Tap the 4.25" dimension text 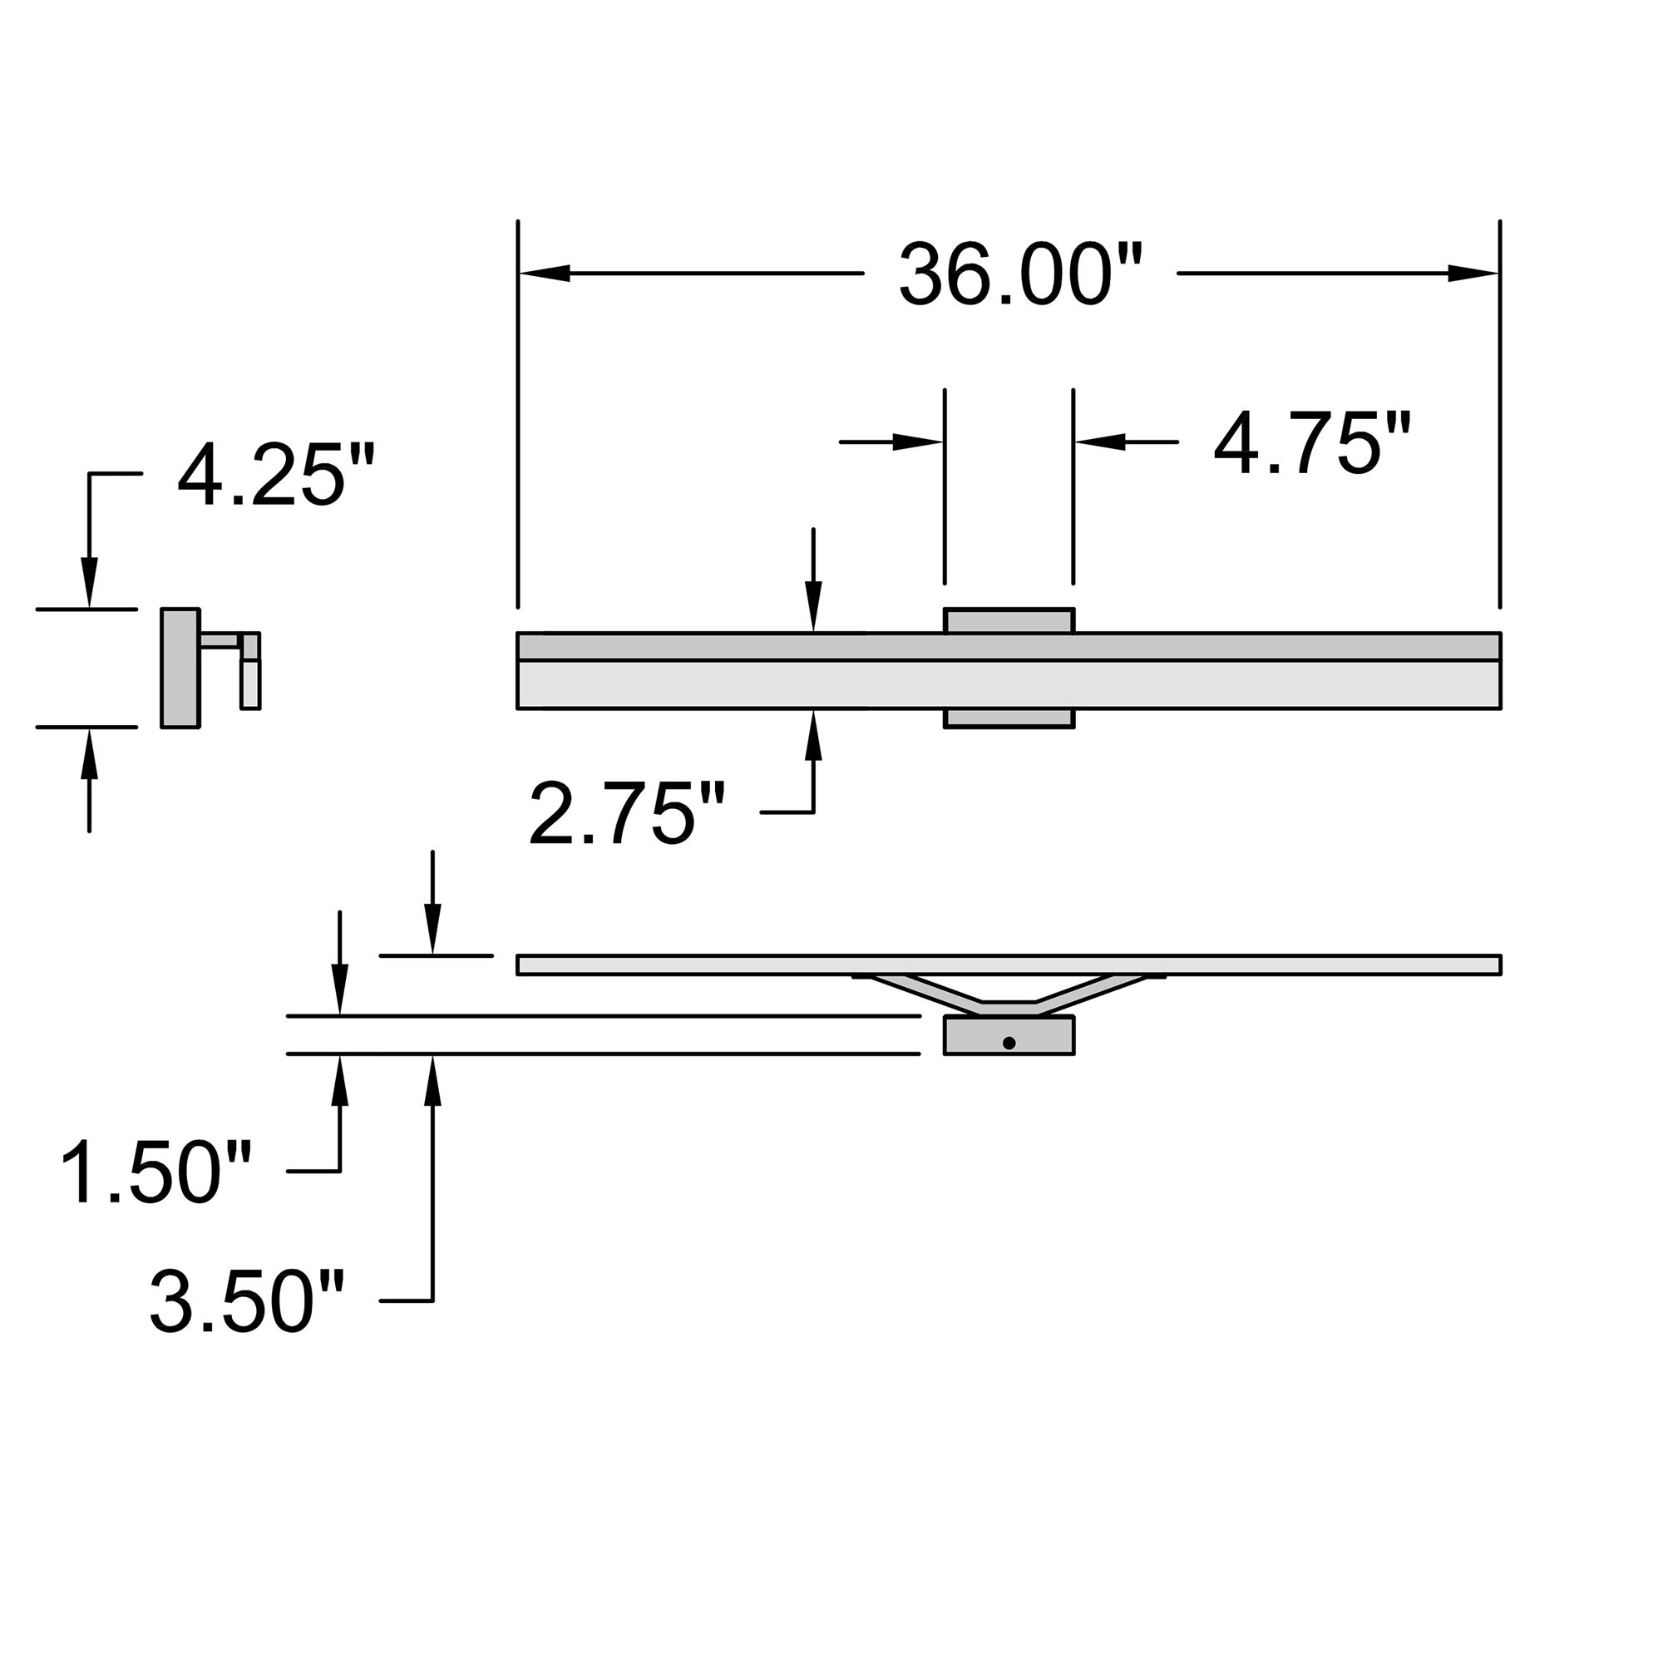pyautogui.click(x=275, y=474)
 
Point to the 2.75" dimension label pyautogui.click(x=627, y=813)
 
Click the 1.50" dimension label pyautogui.click(x=155, y=1172)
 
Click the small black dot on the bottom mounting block pyautogui.click(x=1009, y=1043)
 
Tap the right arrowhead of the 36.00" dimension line pyautogui.click(x=1473, y=273)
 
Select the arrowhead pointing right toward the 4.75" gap pyautogui.click(x=918, y=442)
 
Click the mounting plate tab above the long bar pyautogui.click(x=1009, y=620)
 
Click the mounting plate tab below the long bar pyautogui.click(x=1009, y=718)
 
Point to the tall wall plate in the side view pyautogui.click(x=180, y=668)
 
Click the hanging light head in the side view pyautogui.click(x=250, y=683)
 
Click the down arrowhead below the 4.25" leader pyautogui.click(x=89, y=583)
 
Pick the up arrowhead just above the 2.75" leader pyautogui.click(x=813, y=736)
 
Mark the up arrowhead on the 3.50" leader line pyautogui.click(x=433, y=1079)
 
